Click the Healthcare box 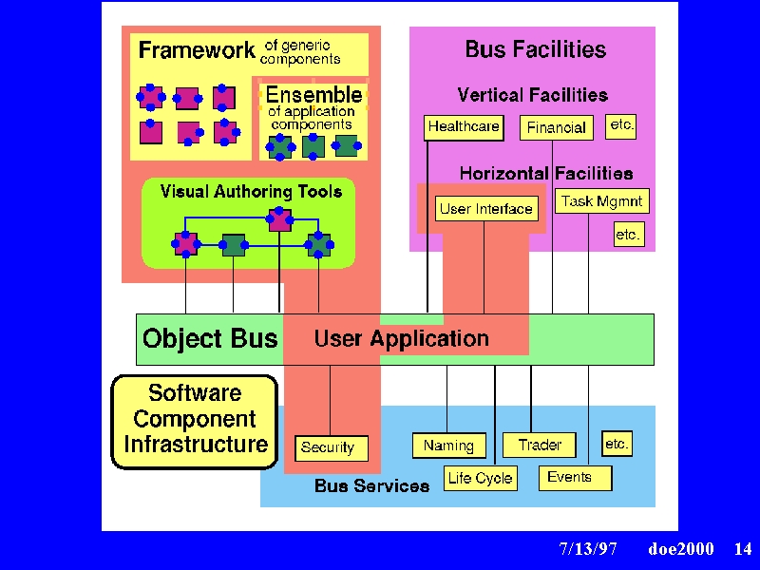(464, 128)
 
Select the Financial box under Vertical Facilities (557, 128)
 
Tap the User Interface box (486, 209)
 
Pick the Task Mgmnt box (602, 201)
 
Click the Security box (332, 448)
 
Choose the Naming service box (448, 446)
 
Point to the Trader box (540, 445)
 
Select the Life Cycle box (481, 479)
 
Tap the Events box (576, 478)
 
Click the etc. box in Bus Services (617, 444)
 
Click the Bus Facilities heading (536, 49)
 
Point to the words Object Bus (210, 338)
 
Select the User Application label (401, 339)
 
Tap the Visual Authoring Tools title (251, 192)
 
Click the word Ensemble (314, 94)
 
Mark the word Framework (197, 50)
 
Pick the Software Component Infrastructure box (195, 422)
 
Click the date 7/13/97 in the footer (588, 549)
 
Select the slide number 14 (743, 549)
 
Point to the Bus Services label (371, 485)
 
